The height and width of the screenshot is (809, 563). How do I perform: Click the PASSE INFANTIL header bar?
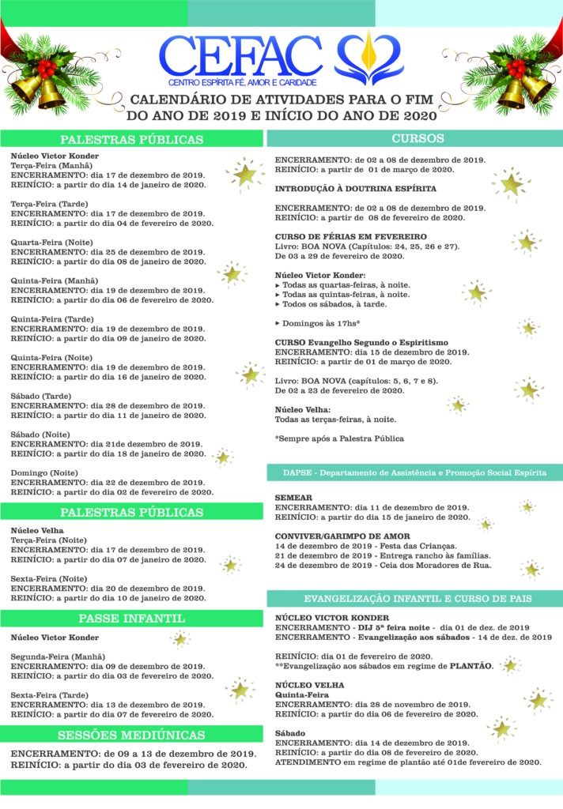(131, 617)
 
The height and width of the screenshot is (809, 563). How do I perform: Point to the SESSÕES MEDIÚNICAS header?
(131, 735)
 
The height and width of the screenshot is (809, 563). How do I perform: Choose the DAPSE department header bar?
(414, 472)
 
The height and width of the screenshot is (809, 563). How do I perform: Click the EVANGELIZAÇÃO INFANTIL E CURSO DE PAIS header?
(414, 597)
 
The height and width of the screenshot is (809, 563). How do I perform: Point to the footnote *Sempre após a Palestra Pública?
(339, 438)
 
